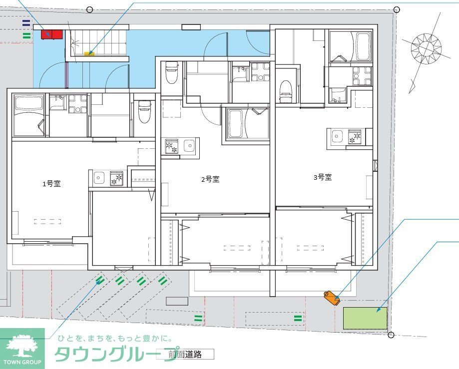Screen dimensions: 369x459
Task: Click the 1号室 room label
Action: click(x=51, y=184)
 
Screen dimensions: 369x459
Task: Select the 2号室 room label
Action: click(x=210, y=179)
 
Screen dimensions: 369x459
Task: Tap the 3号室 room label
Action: click(x=323, y=177)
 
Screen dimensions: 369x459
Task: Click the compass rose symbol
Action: click(x=426, y=48)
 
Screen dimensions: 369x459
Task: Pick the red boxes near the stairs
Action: click(x=51, y=34)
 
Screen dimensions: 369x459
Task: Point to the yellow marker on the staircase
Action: click(x=89, y=52)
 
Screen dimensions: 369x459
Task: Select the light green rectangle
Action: click(x=365, y=318)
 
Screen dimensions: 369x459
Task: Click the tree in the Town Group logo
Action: click(x=22, y=344)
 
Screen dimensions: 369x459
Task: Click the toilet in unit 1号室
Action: click(x=144, y=111)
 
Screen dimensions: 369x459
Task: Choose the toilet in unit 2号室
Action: click(x=172, y=72)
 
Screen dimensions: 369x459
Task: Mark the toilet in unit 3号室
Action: click(x=286, y=91)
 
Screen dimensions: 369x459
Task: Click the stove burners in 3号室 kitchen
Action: click(x=354, y=136)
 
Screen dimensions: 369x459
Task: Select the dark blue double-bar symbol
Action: click(x=26, y=22)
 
